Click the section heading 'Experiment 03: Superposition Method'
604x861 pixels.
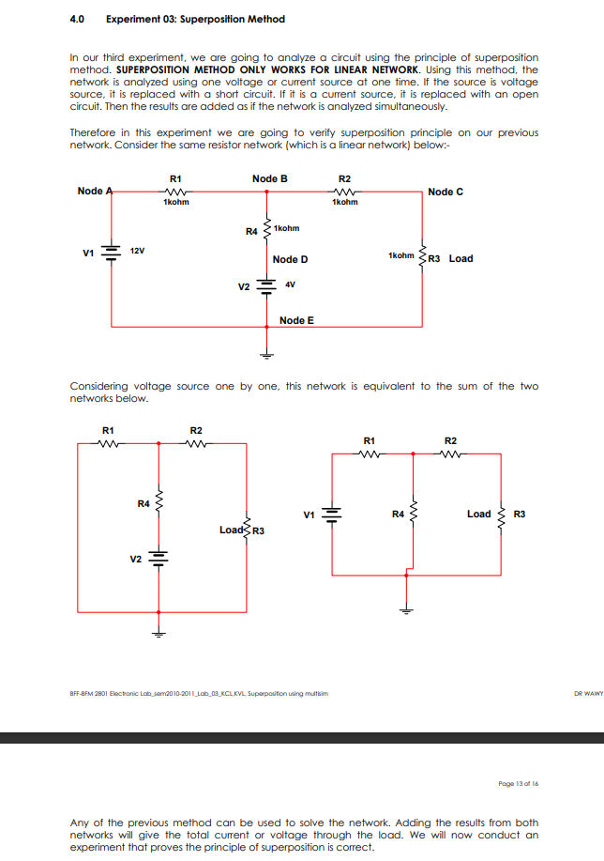point(196,19)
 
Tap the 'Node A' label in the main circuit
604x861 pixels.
point(92,191)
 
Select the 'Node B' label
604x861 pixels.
point(269,178)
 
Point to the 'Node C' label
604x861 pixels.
point(445,192)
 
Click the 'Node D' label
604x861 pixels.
point(290,259)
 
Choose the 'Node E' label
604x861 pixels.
point(296,320)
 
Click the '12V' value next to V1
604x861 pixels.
point(137,252)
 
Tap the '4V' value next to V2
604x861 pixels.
point(290,284)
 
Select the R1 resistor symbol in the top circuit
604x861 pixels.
point(175,191)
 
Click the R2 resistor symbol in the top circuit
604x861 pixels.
point(344,191)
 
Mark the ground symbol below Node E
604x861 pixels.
point(267,355)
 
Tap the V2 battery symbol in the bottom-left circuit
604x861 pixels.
point(158,558)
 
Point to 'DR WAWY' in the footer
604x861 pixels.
point(587,694)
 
